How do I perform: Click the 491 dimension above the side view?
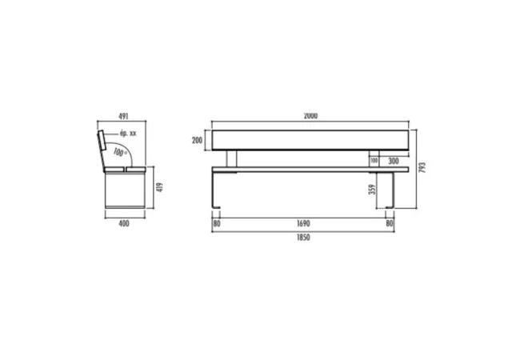click(123, 117)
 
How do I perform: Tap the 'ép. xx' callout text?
click(128, 134)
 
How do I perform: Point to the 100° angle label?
click(120, 153)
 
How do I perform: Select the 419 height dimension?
click(160, 187)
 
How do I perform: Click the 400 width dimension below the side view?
click(124, 224)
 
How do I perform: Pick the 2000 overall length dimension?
click(310, 116)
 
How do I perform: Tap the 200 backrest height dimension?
click(198, 140)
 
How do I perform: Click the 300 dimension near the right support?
click(394, 161)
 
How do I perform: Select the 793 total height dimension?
click(422, 168)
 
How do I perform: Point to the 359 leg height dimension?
click(372, 190)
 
